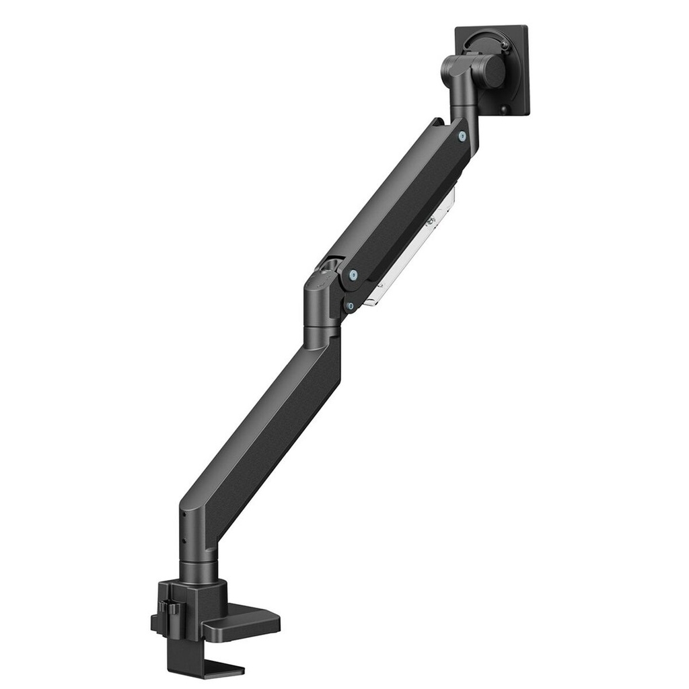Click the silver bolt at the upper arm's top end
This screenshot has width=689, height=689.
coord(461,137)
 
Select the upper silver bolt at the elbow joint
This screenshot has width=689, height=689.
coord(352,274)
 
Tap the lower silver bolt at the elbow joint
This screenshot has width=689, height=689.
coord(350,305)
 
